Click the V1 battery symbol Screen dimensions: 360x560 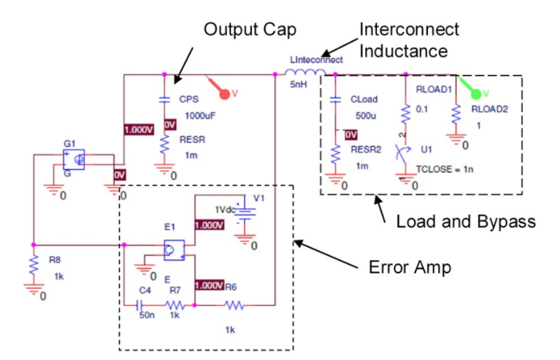click(246, 211)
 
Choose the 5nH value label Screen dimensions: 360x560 click(298, 86)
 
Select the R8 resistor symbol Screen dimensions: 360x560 click(33, 264)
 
